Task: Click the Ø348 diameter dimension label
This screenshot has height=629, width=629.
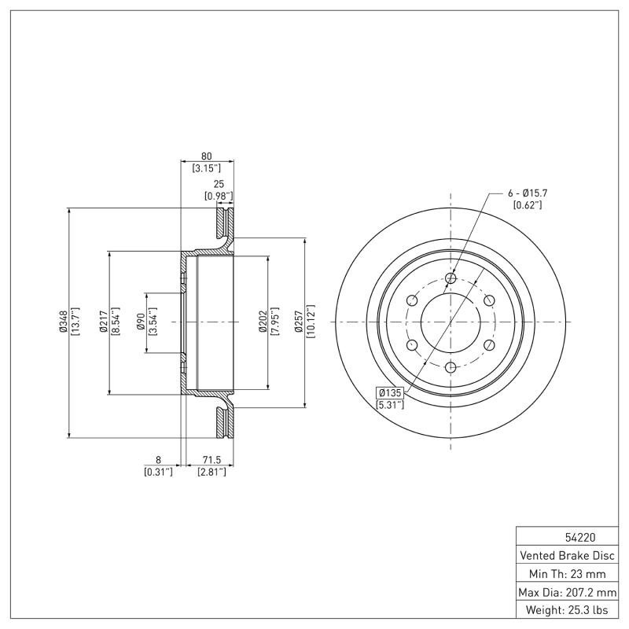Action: click(x=63, y=322)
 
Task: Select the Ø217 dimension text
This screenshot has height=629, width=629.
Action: click(x=103, y=322)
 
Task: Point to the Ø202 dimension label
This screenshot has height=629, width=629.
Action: click(x=261, y=322)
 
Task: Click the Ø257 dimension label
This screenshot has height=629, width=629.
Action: click(x=299, y=322)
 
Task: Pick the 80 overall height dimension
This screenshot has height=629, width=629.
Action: click(x=208, y=156)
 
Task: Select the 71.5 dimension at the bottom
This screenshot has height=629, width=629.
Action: click(x=212, y=459)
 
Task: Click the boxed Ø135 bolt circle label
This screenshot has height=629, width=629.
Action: click(x=391, y=392)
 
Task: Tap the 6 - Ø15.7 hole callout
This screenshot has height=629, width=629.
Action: click(x=528, y=193)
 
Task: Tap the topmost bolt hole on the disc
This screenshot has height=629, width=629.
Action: click(x=451, y=278)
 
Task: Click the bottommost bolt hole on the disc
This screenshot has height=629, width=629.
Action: click(x=451, y=366)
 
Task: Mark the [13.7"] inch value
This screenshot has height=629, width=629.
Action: click(x=75, y=322)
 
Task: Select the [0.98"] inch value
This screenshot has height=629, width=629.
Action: click(x=219, y=196)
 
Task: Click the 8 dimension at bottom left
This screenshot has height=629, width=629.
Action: click(x=158, y=459)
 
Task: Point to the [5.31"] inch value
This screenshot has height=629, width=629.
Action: click(x=391, y=405)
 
